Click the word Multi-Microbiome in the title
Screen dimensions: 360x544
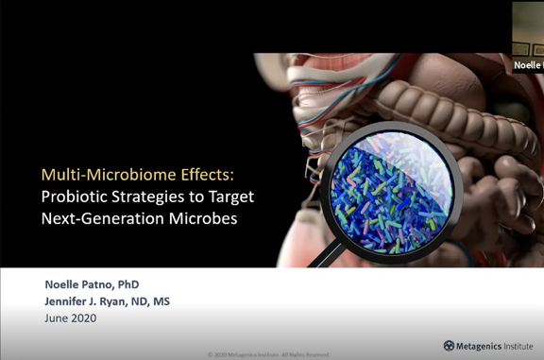[99, 174]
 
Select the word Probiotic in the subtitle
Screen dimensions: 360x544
[76, 197]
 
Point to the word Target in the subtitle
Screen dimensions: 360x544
[230, 197]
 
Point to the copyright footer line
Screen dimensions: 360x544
[268, 355]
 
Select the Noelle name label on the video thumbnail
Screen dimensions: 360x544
[528, 65]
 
